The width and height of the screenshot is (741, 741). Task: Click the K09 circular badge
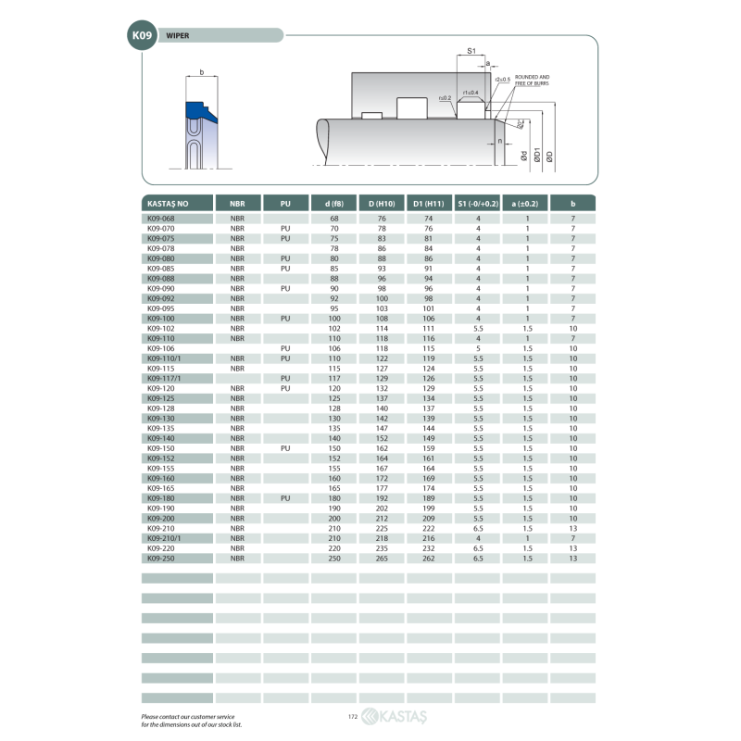[142, 35]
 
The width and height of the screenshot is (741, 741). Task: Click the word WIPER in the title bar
[178, 35]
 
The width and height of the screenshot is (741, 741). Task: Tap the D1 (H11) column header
[429, 203]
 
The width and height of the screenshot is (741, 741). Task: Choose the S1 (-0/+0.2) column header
[478, 203]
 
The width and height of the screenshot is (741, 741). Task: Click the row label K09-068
[160, 219]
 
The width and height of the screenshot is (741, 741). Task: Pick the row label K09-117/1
[164, 378]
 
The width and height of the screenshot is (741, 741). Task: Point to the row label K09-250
[160, 559]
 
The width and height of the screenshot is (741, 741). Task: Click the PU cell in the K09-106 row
[285, 348]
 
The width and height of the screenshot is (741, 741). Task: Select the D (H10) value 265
[382, 559]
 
